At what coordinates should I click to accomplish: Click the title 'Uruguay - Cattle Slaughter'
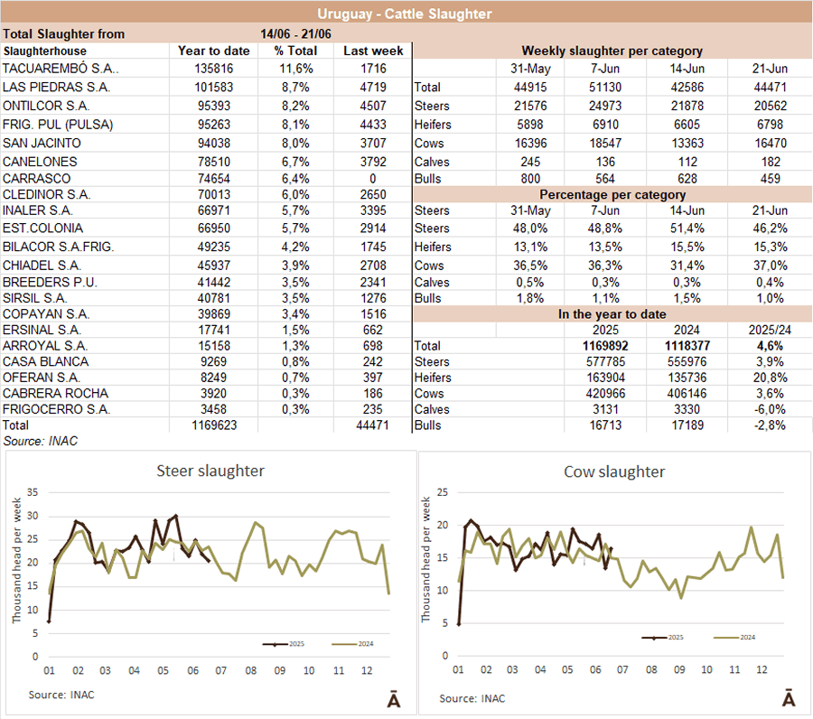(406, 14)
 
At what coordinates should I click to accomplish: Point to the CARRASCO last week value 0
(372, 180)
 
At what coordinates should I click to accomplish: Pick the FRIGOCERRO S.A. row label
(57, 410)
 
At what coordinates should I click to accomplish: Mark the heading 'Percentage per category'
(612, 194)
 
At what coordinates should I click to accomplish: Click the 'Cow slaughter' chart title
(614, 472)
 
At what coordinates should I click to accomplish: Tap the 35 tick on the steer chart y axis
(33, 493)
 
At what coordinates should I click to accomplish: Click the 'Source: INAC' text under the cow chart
(472, 698)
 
